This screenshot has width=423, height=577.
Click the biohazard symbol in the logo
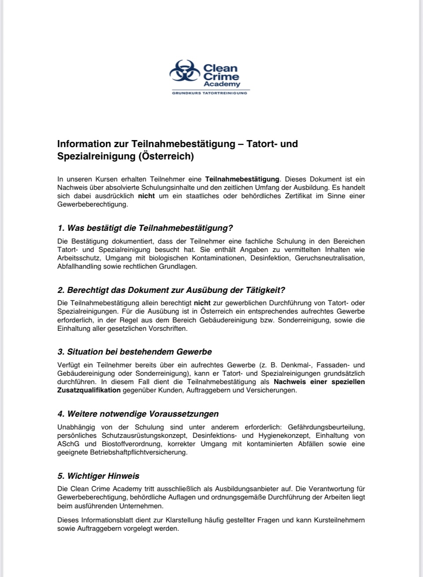pos(184,71)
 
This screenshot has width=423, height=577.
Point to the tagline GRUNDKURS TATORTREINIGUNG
pos(209,93)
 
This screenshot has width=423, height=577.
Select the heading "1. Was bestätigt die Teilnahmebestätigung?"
pos(145,228)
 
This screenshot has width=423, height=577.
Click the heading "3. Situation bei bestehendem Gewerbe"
pos(134,352)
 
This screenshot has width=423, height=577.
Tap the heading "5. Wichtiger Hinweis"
pos(98,476)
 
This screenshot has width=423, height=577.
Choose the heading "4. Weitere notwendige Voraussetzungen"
pos(138,414)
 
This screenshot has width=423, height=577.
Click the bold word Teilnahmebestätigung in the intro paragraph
pos(242,179)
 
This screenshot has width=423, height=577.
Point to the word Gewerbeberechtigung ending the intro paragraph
pos(86,204)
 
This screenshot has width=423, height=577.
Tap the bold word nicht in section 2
pos(202,303)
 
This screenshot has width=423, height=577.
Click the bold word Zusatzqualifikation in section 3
pos(89,390)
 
